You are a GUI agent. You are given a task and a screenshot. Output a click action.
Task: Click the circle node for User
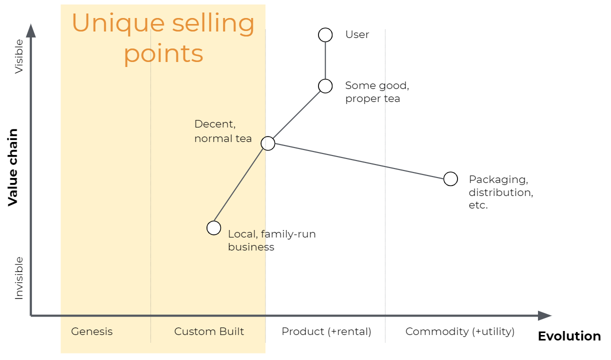point(325,34)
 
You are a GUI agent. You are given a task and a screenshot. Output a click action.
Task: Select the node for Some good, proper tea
point(325,86)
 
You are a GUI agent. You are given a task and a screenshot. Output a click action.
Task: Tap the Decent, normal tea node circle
point(268,143)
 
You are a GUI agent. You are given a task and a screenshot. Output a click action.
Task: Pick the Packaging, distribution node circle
point(450,178)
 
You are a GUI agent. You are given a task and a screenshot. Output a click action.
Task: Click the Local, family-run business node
point(214,228)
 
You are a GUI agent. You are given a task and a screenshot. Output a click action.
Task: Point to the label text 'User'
point(357,34)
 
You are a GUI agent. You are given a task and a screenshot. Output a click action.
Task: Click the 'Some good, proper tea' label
point(376,92)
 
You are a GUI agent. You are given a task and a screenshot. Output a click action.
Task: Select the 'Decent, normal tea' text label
point(222,131)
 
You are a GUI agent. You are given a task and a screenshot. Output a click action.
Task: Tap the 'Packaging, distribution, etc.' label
point(500,192)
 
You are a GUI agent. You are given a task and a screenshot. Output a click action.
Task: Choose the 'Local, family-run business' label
point(271,240)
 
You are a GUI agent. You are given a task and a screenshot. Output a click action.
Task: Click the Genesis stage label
point(92,331)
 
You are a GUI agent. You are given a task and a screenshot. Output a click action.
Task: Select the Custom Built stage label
point(209,331)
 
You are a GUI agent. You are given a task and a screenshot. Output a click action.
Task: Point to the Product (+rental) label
point(326,331)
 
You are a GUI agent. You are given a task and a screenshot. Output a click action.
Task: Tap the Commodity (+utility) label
point(459,331)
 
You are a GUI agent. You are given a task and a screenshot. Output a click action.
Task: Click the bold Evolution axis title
point(569,336)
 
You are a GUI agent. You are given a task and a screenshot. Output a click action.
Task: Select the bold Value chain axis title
point(13,167)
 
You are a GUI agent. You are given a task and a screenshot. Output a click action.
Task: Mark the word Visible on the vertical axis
point(19,56)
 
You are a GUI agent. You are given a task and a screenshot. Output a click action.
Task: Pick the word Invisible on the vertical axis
point(19,278)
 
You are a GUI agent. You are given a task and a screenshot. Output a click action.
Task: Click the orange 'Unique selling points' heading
point(163,38)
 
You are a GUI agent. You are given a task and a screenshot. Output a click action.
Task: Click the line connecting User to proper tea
point(325,60)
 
